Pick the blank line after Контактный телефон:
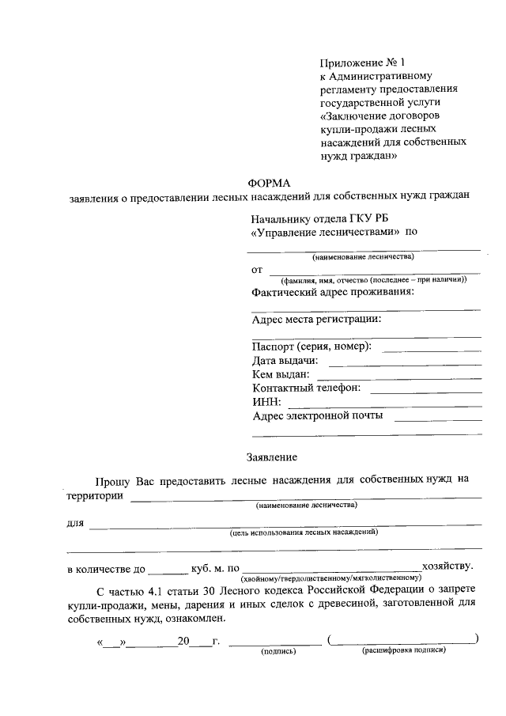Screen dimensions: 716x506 [426, 391]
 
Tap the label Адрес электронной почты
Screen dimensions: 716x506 [318, 415]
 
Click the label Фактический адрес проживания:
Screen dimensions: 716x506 [333, 293]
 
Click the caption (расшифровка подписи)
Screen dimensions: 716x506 [404, 651]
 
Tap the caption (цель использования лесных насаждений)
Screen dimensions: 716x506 [304, 533]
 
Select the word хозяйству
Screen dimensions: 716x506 [448, 566]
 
